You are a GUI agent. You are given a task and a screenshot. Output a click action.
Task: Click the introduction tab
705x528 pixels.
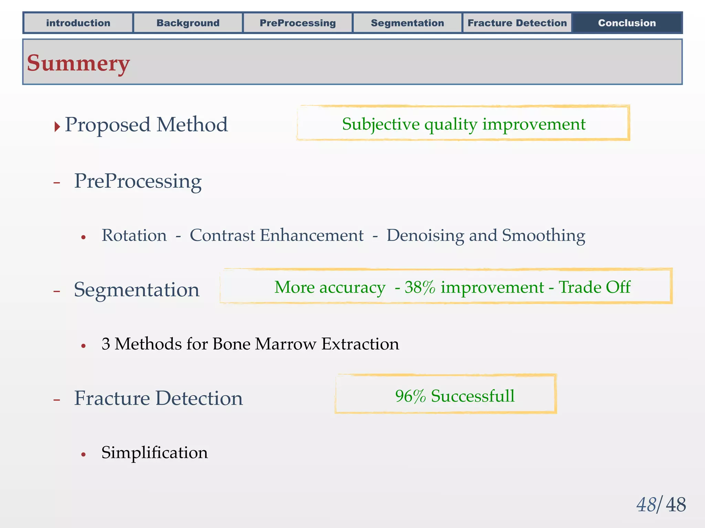(78, 23)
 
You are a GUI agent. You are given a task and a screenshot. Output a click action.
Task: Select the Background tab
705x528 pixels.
(188, 23)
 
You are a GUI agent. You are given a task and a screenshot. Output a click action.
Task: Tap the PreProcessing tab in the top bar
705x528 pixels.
(298, 23)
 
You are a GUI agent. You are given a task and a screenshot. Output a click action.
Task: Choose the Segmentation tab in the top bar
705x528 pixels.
(407, 23)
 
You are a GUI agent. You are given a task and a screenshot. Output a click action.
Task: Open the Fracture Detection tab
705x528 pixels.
(517, 23)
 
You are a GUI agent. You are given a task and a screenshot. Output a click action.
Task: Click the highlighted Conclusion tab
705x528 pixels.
(627, 23)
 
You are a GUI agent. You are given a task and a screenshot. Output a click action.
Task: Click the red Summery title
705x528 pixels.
(78, 63)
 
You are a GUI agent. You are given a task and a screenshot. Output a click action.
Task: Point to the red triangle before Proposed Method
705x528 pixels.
(57, 126)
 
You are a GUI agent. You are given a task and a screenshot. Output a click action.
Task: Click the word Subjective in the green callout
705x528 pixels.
(381, 124)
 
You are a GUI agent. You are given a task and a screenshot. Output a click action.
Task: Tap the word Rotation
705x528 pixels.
(134, 236)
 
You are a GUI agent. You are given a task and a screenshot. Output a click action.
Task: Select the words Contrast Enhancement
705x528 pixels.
(276, 236)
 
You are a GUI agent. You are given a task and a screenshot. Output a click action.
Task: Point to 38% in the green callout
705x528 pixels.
(420, 287)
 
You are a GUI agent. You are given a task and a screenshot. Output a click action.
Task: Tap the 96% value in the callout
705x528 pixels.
(410, 396)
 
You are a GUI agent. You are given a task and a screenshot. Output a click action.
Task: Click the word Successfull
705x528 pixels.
(473, 396)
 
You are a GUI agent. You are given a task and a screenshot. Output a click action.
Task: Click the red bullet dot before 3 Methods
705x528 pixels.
(83, 345)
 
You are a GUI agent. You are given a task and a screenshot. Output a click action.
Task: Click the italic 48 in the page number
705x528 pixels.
(646, 505)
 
